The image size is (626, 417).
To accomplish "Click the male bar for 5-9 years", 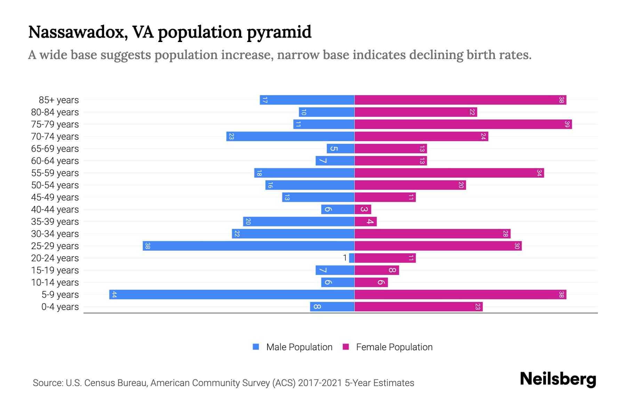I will point(232,294).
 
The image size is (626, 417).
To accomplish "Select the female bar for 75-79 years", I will point(463,124).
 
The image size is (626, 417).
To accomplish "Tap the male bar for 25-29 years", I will point(248,246).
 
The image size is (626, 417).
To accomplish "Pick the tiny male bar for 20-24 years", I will point(352,258).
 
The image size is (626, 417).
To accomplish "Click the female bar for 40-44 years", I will point(363,209).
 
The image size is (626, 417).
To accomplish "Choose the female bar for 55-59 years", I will point(449,173).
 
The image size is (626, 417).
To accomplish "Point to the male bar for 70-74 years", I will point(290,136).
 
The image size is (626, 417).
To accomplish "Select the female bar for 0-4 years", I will point(418,306).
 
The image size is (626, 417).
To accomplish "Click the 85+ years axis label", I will point(59,100).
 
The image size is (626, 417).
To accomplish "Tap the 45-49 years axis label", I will point(55,197).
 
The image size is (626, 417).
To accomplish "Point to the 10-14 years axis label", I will point(55,283).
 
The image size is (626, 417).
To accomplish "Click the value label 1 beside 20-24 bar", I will point(345,258).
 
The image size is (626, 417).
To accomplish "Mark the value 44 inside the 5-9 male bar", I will point(114,295).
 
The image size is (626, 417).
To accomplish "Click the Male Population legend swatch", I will point(256,347).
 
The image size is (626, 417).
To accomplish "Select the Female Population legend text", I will point(394,347).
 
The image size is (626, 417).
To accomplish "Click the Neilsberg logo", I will point(558,379).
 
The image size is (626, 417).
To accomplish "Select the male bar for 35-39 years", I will point(298,221).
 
